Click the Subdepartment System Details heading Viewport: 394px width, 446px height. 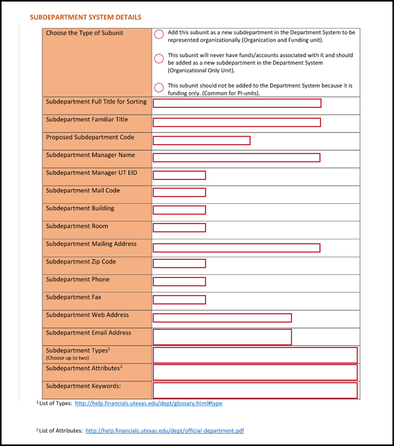pyautogui.click(x=86, y=17)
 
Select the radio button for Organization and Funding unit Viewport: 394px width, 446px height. pyautogui.click(x=159, y=35)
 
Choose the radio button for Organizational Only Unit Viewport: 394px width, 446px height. pyautogui.click(x=159, y=59)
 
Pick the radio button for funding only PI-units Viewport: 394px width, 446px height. pyautogui.click(x=159, y=87)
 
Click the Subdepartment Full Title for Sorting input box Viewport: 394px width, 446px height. pyautogui.click(x=237, y=103)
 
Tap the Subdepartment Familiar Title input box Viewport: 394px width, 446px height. pyautogui.click(x=237, y=122)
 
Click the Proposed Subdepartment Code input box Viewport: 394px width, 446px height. pyautogui.click(x=201, y=141)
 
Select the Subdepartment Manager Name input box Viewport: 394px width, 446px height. pyautogui.click(x=236, y=158)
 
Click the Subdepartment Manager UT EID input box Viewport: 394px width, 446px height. pyautogui.click(x=179, y=175)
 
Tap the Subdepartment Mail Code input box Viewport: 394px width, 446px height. pyautogui.click(x=179, y=193)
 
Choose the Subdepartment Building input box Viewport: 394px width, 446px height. pyautogui.click(x=179, y=210)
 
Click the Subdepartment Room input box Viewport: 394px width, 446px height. pyautogui.click(x=179, y=228)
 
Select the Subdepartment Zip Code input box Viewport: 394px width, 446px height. pyautogui.click(x=179, y=263)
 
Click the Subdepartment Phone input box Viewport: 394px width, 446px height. pyautogui.click(x=179, y=282)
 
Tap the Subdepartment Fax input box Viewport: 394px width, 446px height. pyautogui.click(x=179, y=300)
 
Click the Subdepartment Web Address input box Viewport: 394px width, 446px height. pyautogui.click(x=222, y=318)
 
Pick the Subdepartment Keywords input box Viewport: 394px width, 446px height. pyautogui.click(x=255, y=390)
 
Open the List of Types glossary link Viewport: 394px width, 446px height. pyautogui.click(x=149, y=404)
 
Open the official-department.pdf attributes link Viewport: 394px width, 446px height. pyautogui.click(x=164, y=431)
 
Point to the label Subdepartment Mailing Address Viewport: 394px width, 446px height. pyautogui.click(x=91, y=244)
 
